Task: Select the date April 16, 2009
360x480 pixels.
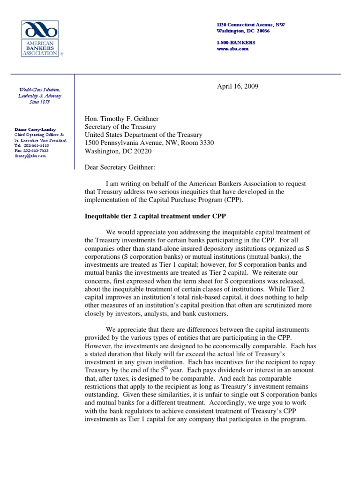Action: click(237, 86)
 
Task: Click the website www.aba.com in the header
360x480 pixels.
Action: click(232, 49)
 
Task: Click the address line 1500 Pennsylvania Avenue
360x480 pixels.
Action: click(149, 143)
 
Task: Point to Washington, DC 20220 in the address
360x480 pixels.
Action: click(118, 151)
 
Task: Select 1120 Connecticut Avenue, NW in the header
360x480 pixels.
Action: click(250, 24)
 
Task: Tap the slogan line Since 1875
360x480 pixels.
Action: click(40, 102)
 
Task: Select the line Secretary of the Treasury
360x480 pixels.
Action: click(120, 127)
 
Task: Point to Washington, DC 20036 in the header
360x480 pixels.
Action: click(243, 31)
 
